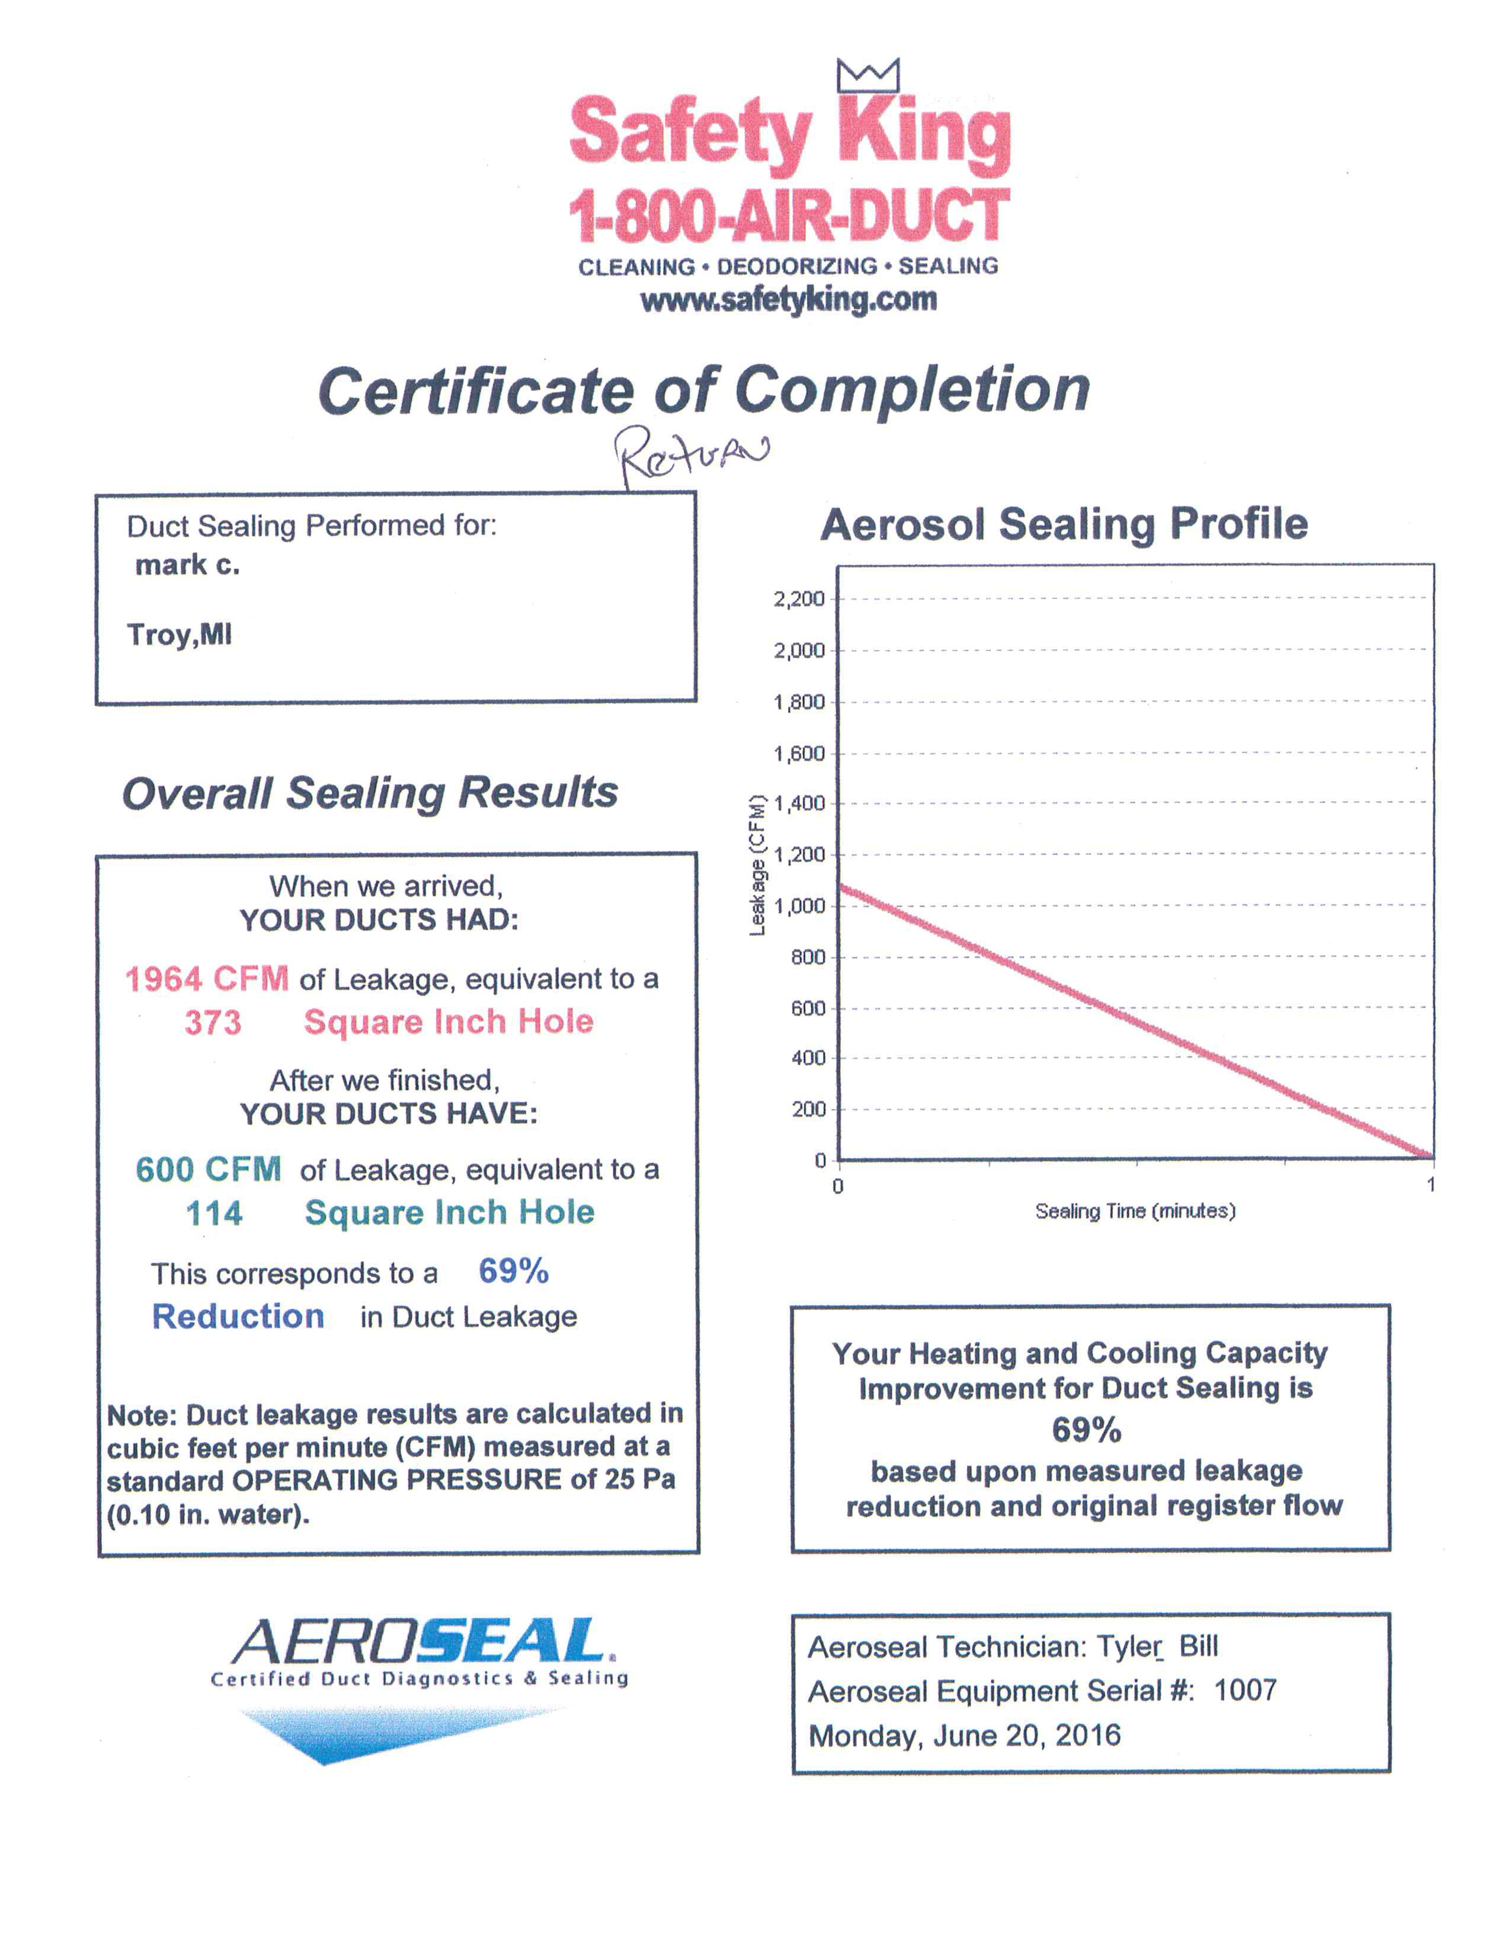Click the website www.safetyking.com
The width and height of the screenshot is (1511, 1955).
pos(787,300)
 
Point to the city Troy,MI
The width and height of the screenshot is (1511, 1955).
pos(179,634)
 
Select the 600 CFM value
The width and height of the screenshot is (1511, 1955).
pos(207,1169)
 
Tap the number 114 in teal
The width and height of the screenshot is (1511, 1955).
pos(214,1213)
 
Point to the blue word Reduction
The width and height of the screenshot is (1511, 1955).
pos(238,1316)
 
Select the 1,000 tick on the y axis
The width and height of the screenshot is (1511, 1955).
pos(799,906)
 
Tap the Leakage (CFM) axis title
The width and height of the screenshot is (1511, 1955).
pos(757,865)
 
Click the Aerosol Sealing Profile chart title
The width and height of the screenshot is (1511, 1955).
pos(1064,524)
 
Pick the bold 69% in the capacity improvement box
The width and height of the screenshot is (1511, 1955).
pos(1086,1430)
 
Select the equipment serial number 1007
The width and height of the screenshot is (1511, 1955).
pos(1244,1690)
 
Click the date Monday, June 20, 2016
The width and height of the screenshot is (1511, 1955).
pos(964,1735)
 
